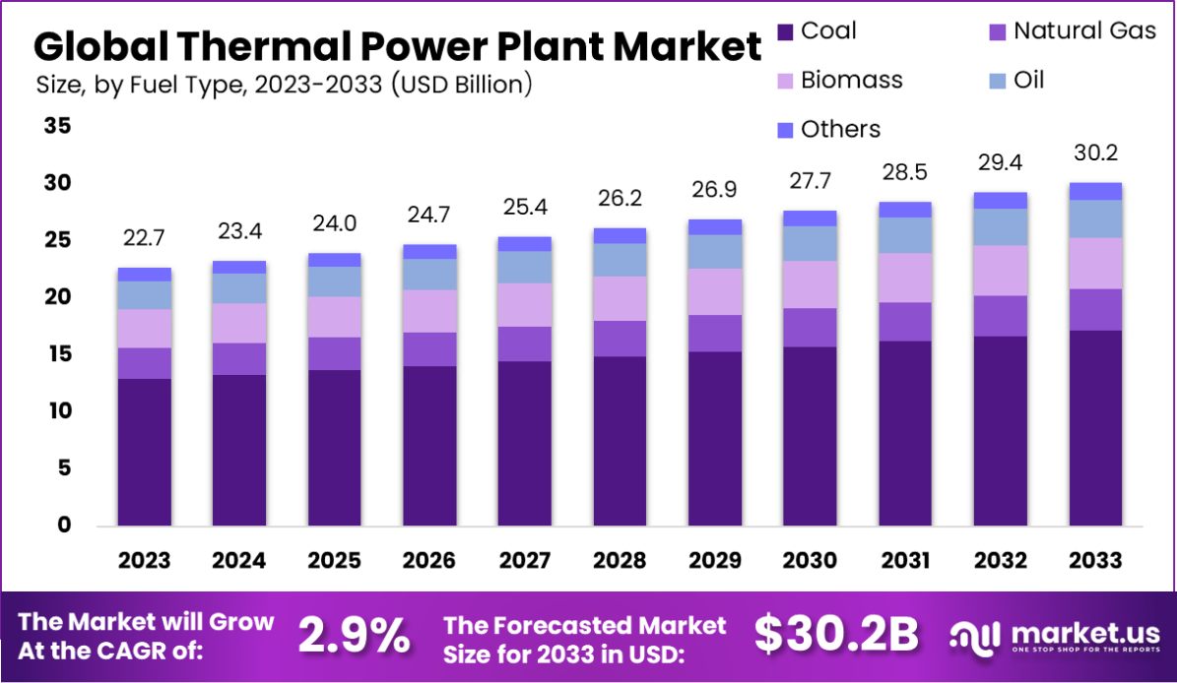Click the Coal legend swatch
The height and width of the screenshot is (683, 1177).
[x=785, y=31]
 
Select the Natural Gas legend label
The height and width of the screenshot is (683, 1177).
[x=1084, y=31]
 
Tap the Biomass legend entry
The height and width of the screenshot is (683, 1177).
[x=851, y=80]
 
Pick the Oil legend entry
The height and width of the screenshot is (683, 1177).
[x=1028, y=80]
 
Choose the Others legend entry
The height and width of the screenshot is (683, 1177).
[x=840, y=129]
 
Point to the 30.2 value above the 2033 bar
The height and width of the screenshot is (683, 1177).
[x=1095, y=155]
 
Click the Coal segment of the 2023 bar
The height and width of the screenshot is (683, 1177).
[x=144, y=452]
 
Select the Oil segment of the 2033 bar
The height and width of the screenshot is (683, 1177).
[x=1095, y=218]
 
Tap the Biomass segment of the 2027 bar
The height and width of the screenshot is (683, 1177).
[x=525, y=304]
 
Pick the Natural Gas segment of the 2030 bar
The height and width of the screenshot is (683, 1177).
[x=810, y=327]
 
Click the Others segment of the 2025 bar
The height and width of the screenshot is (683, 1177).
[x=334, y=260]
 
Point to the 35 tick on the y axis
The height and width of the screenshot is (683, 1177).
[x=58, y=126]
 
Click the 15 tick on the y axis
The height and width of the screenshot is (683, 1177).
[x=58, y=354]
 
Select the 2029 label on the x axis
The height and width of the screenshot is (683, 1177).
[x=714, y=561]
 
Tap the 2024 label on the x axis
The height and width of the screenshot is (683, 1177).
[x=239, y=561]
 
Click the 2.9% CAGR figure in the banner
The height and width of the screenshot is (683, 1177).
[x=355, y=637]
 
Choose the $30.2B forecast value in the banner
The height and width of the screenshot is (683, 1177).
[x=836, y=636]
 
